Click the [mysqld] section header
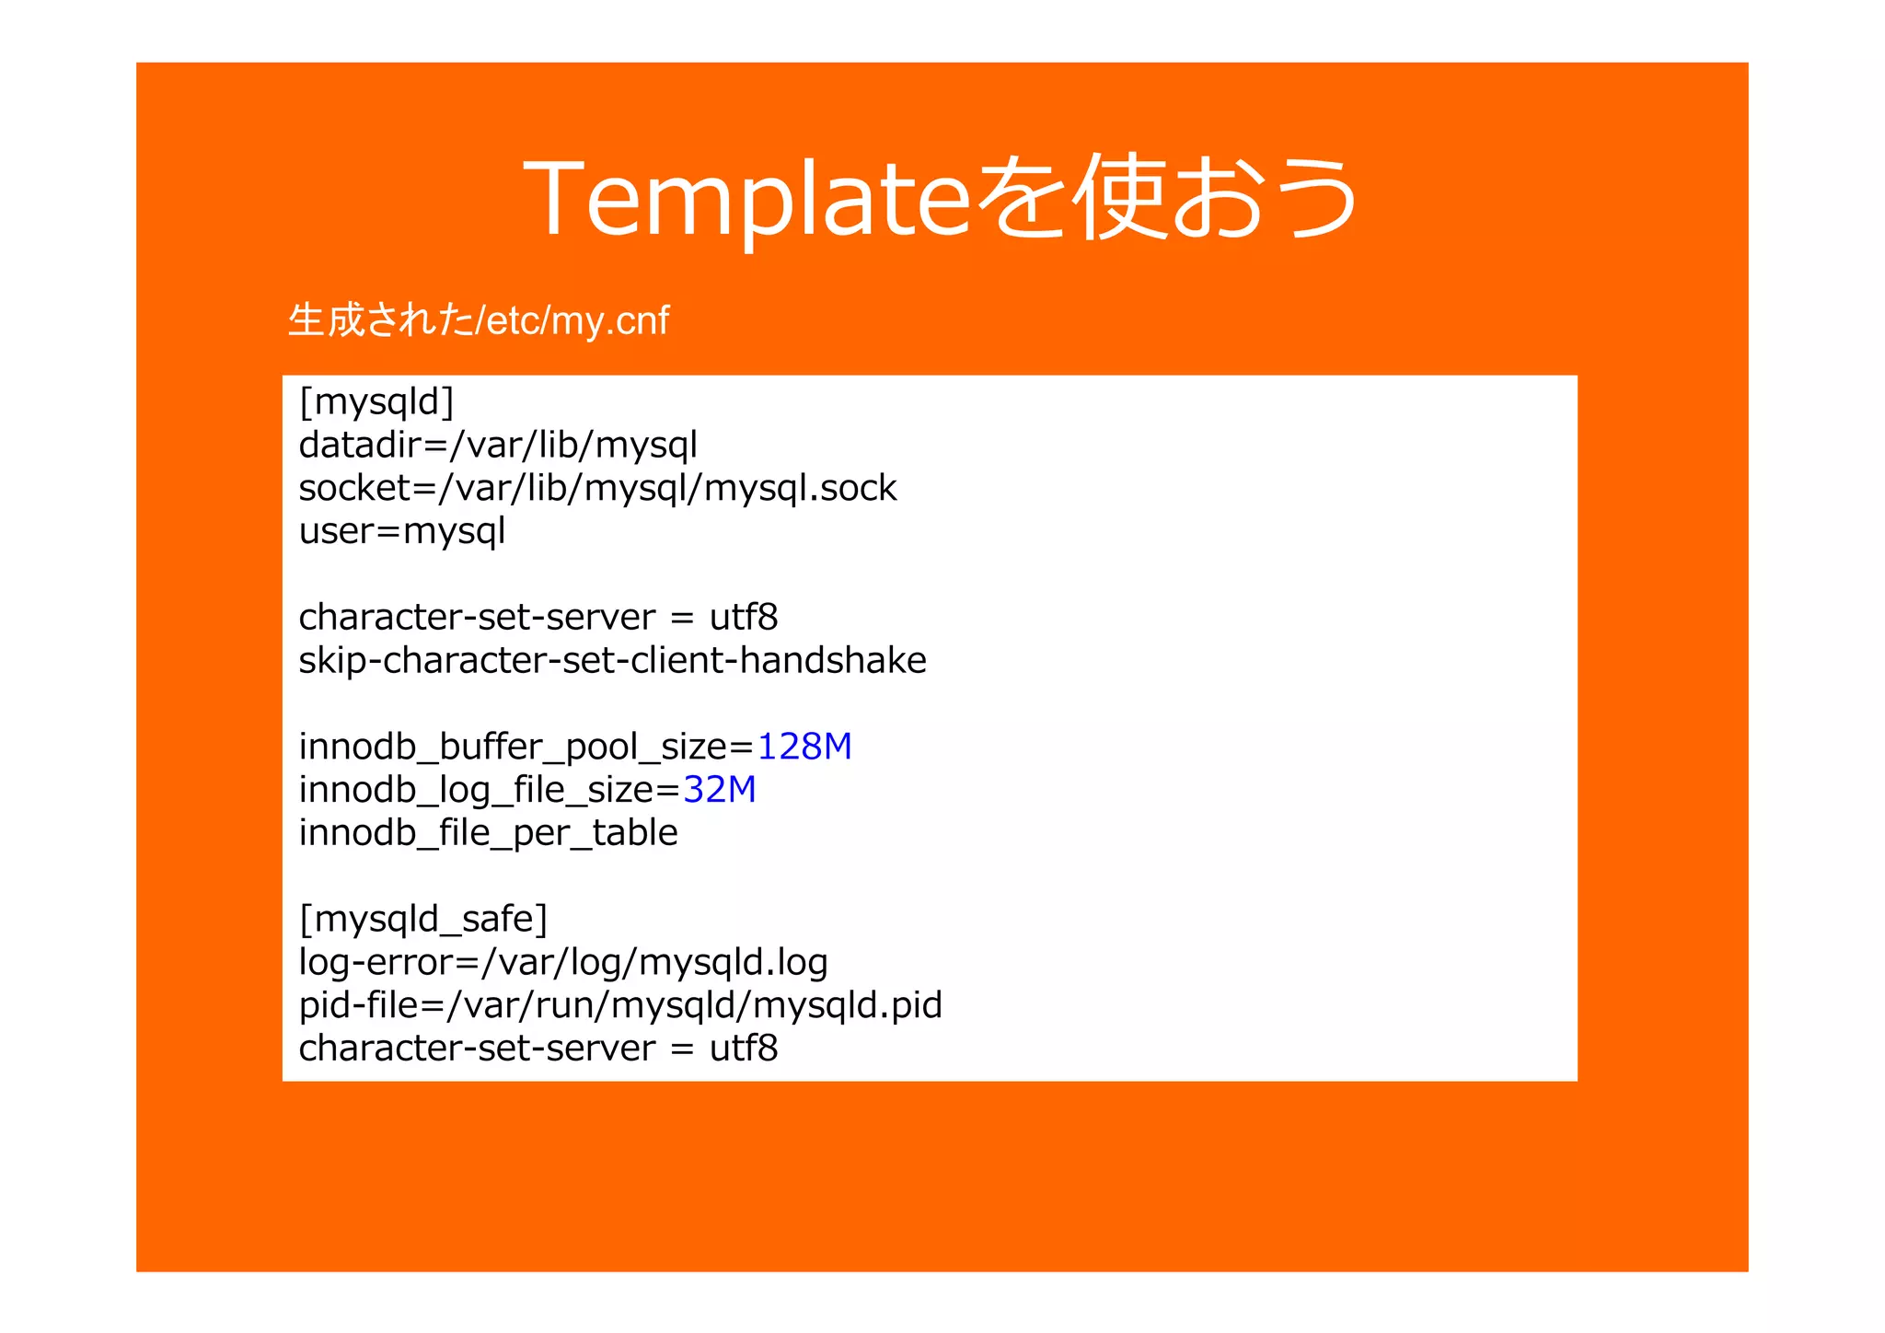coord(376,402)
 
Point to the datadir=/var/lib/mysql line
coord(498,446)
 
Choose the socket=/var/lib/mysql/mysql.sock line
coord(597,488)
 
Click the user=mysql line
coord(402,531)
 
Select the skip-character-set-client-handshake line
coord(612,660)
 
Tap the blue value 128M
coord(804,747)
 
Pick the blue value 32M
coord(719,790)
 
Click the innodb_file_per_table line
coord(488,833)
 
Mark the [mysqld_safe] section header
coord(423,919)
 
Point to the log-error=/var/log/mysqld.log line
coord(563,962)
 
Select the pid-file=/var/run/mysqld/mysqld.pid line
coord(620,1005)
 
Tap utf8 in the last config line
coord(743,1049)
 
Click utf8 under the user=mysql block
coord(743,618)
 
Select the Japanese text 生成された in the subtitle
coord(380,321)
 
